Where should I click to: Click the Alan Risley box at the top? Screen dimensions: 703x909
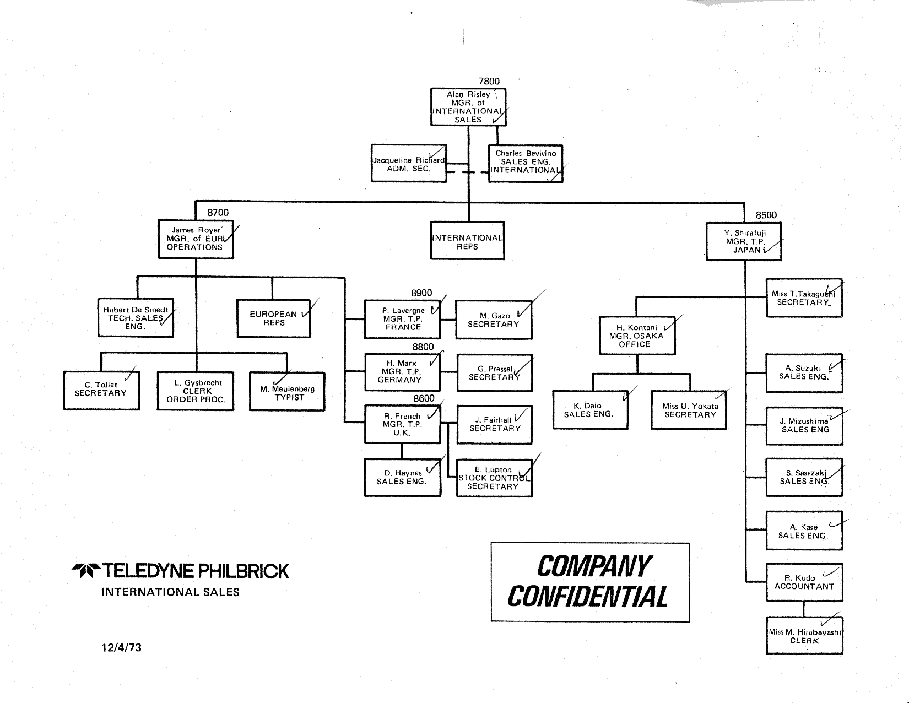(x=468, y=107)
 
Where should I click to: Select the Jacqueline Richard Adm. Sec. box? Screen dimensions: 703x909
(x=409, y=164)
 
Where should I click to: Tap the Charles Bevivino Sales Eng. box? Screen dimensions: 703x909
(x=526, y=163)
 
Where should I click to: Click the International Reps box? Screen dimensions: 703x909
(x=467, y=241)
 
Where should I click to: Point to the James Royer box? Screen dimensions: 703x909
(x=196, y=239)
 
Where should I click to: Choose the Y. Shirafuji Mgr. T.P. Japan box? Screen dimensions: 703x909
(x=744, y=241)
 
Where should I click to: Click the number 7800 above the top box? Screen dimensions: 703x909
(x=489, y=81)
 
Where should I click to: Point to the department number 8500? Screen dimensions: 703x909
(x=766, y=215)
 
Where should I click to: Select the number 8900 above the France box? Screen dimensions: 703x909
(x=421, y=293)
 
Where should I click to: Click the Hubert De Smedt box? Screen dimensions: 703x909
(x=136, y=318)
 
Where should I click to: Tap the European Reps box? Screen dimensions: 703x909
(x=273, y=318)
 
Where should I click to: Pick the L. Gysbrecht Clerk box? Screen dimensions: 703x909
(x=196, y=391)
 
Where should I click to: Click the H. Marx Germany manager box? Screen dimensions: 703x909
(x=402, y=372)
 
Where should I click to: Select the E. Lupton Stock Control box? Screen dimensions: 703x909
(x=494, y=478)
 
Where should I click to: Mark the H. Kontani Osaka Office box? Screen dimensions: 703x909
(x=637, y=336)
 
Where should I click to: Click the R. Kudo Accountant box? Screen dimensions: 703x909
(x=804, y=582)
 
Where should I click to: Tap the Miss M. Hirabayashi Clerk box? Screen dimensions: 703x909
(x=804, y=636)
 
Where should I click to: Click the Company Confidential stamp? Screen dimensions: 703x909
(x=589, y=582)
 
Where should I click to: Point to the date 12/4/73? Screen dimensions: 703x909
(x=121, y=647)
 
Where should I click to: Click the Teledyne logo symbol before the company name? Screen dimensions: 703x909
(x=85, y=571)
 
